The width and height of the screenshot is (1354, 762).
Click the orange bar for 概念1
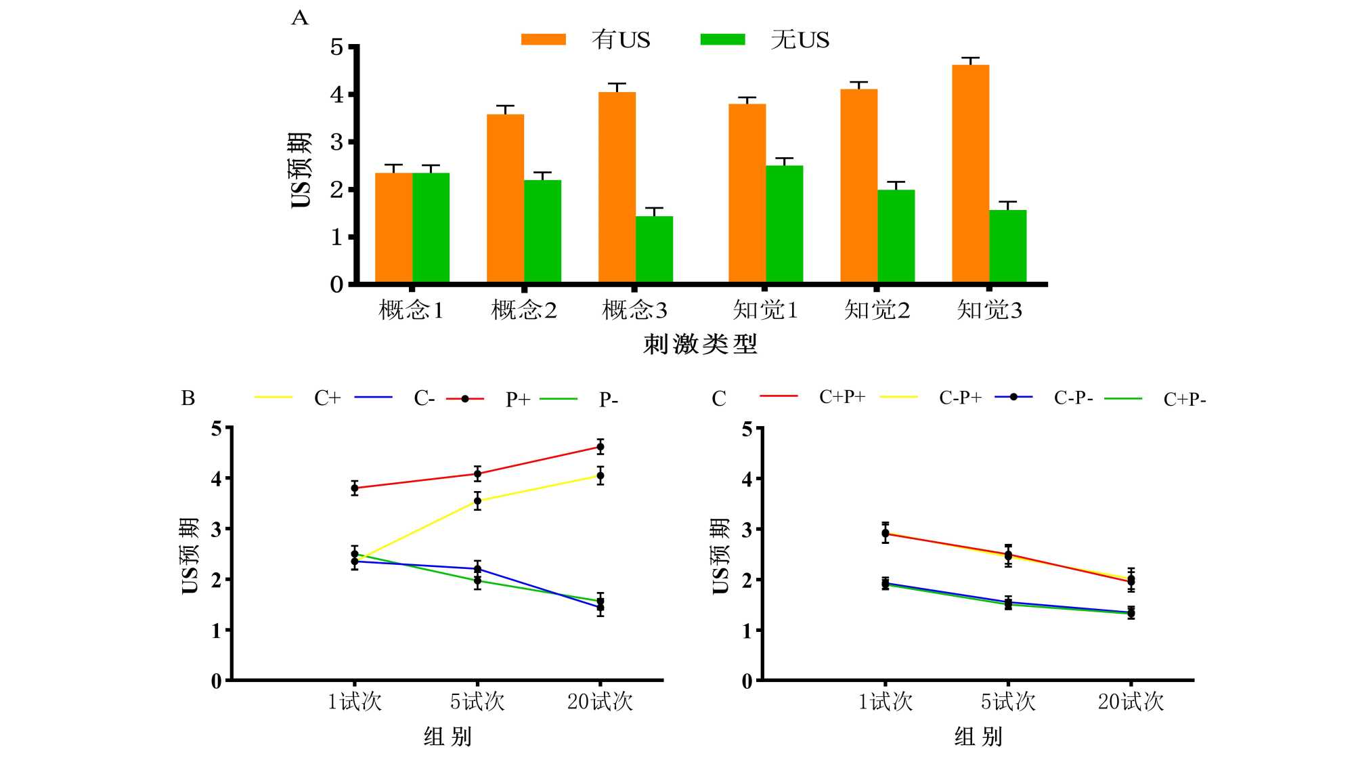coord(393,228)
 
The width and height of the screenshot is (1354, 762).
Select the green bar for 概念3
coord(654,249)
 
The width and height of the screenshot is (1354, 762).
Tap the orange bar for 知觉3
coord(970,173)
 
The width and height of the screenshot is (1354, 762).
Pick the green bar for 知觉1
coord(784,224)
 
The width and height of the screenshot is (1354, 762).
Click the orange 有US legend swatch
coord(543,39)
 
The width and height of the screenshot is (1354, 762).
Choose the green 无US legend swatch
coord(722,39)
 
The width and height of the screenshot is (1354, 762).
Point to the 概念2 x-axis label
coord(523,310)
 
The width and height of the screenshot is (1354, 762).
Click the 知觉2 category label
coord(877,310)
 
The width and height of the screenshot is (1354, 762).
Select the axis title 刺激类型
coord(700,344)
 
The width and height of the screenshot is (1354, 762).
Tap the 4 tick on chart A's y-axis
coord(336,94)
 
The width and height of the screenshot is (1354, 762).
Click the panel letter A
coord(299,18)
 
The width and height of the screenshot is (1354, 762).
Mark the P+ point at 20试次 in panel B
coord(600,446)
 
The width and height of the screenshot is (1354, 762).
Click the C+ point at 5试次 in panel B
coord(477,501)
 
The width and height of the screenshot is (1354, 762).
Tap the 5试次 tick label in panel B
coord(477,702)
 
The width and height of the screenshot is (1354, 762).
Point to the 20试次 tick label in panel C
coord(1131,702)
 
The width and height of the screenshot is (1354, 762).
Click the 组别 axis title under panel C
coord(978,736)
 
